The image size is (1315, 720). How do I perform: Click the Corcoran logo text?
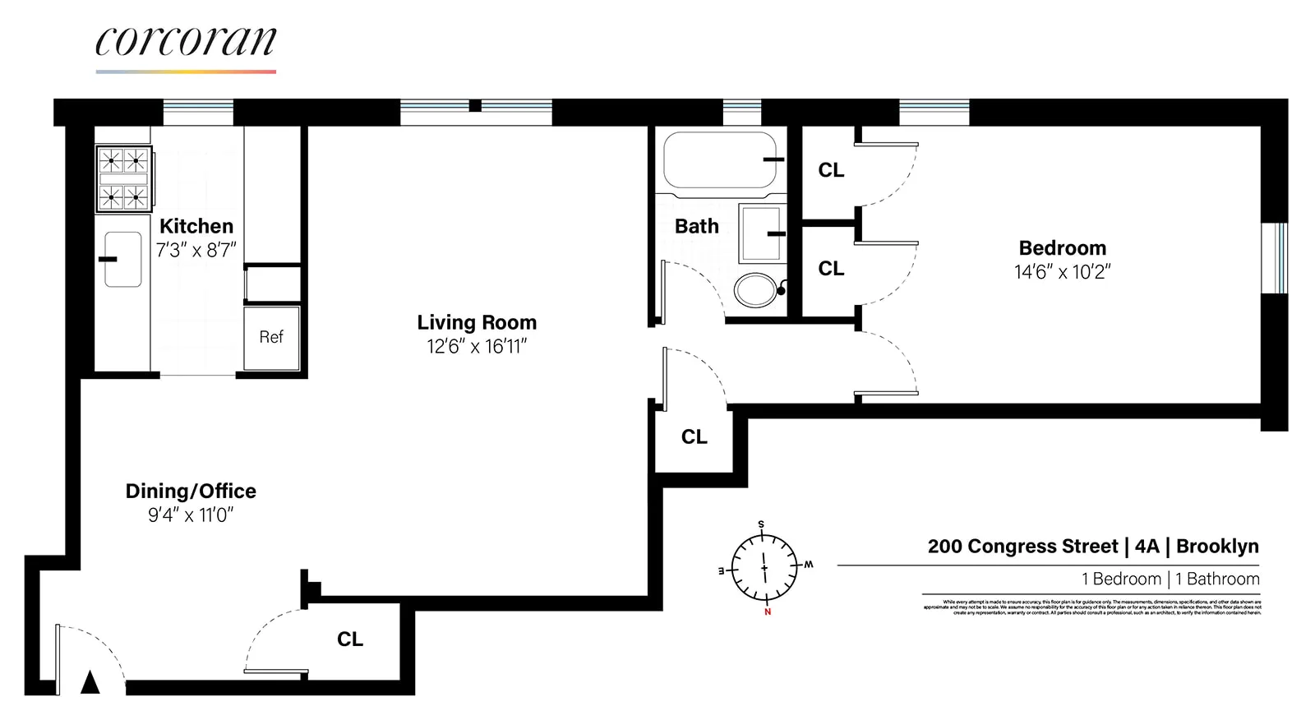(186, 42)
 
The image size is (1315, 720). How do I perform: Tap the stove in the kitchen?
(123, 178)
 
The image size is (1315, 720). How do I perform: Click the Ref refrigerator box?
(271, 337)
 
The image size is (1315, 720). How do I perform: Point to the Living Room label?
(477, 322)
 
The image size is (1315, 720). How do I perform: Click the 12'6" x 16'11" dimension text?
(477, 347)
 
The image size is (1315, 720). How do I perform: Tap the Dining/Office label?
(191, 491)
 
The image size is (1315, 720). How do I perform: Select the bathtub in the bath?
(719, 160)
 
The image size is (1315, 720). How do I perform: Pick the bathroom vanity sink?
(760, 233)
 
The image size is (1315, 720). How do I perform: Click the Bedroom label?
(1062, 248)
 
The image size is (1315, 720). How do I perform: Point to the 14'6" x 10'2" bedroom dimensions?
(1062, 272)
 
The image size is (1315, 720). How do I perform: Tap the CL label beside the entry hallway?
(350, 639)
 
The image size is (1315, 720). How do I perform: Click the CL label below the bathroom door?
(694, 437)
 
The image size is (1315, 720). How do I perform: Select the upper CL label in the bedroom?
(831, 170)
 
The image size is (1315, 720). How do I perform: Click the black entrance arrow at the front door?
(90, 682)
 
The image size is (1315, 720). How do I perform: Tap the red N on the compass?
(768, 612)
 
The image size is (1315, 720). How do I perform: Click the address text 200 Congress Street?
(1022, 547)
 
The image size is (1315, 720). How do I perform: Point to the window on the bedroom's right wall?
(1275, 257)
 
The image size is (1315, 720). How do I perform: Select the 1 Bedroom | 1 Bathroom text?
(1170, 579)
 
